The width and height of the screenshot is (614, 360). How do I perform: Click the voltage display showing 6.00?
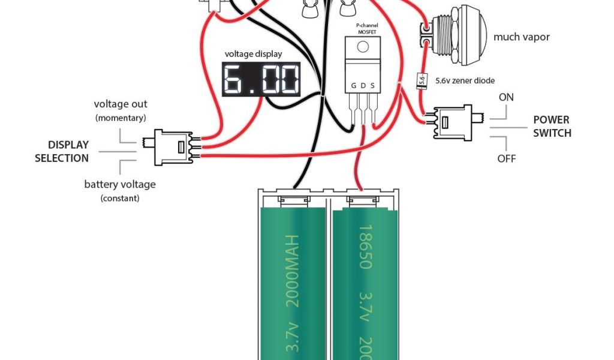(x=261, y=79)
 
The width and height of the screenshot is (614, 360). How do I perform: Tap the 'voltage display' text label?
(x=253, y=53)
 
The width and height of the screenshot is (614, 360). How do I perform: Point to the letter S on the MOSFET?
(x=372, y=86)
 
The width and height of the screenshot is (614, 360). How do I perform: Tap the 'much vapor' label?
(x=521, y=37)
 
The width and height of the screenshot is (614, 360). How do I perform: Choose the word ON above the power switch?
(x=506, y=97)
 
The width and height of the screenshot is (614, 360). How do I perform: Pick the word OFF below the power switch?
(x=507, y=159)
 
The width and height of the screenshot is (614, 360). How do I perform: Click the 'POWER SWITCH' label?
(x=552, y=126)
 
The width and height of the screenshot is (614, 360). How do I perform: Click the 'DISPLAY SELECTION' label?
(x=61, y=151)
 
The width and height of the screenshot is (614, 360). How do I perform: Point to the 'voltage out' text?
(x=121, y=104)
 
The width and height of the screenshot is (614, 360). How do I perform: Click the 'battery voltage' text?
(x=119, y=184)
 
